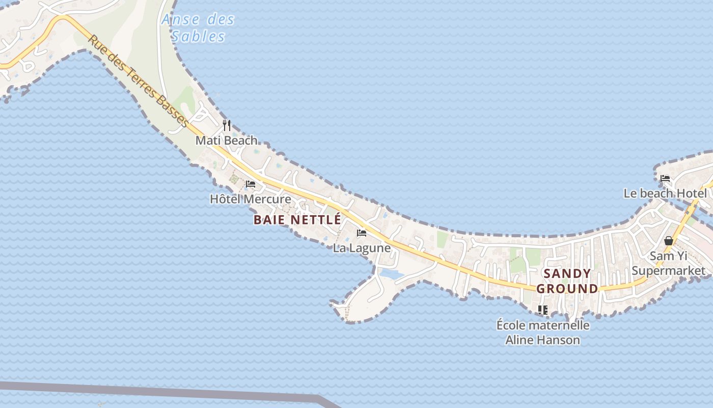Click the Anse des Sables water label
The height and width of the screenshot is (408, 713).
point(198,28)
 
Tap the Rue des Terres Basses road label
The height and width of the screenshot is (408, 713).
point(139,81)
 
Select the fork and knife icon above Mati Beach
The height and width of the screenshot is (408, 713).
point(227,125)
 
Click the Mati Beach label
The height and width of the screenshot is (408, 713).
point(227,140)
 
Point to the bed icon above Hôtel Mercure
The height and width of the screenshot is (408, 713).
point(251,184)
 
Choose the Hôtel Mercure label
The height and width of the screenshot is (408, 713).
point(251,199)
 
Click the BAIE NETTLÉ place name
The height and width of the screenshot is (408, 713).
point(297,220)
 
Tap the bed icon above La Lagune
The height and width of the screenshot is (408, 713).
point(362,233)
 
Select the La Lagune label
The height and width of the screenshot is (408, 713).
point(362,248)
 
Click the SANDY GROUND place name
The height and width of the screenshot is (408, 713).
point(567,281)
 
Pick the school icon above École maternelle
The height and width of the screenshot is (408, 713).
point(543,310)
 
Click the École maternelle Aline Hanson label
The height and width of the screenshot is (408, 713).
point(543,332)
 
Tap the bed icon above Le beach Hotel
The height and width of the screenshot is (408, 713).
point(665,178)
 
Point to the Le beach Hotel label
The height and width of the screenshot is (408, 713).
point(665,194)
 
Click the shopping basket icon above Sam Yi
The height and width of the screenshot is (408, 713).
point(669,241)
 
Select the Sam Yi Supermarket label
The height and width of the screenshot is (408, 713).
point(669,263)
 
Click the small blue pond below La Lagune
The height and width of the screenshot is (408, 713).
point(391,274)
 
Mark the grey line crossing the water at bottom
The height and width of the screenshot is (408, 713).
point(153,391)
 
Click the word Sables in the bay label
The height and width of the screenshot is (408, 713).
point(198,37)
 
